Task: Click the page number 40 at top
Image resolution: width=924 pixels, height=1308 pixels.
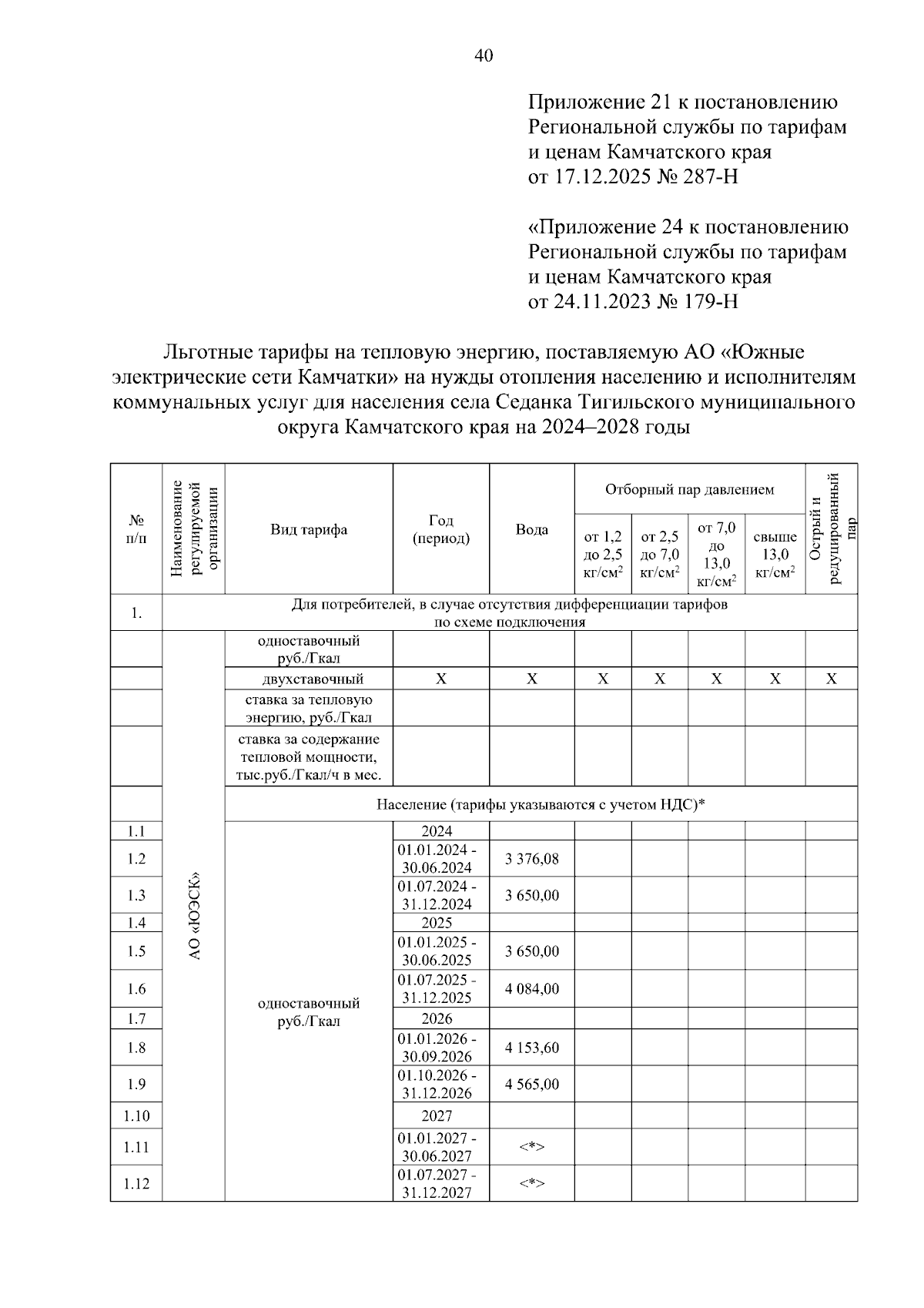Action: coord(484,55)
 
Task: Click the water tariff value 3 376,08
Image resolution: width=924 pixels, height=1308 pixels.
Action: coord(531,858)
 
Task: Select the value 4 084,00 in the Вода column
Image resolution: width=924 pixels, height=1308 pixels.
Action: coord(531,988)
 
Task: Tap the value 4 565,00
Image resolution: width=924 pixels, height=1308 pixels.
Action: coord(531,1084)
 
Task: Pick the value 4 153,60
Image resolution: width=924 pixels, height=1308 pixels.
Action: coord(531,1048)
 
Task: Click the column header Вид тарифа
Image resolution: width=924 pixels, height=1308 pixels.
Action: coord(308,529)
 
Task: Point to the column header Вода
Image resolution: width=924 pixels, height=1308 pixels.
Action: coord(531,529)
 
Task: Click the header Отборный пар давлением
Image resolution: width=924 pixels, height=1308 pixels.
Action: coord(689,490)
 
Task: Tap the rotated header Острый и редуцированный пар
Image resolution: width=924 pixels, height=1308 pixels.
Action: coord(832,529)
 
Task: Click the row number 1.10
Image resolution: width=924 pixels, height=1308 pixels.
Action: coord(136,1115)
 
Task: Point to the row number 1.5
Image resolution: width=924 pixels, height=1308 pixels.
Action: coord(136,951)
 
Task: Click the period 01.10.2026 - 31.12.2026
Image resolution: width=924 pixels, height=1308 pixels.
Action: coord(437,1084)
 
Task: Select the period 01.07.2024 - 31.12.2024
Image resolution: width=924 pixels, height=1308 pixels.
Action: coord(437,895)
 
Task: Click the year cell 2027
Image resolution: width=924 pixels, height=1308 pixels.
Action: coord(437,1115)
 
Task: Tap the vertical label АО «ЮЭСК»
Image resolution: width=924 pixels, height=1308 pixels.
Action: coord(194,915)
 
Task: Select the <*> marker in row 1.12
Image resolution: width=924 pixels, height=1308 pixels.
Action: coord(531,1183)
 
